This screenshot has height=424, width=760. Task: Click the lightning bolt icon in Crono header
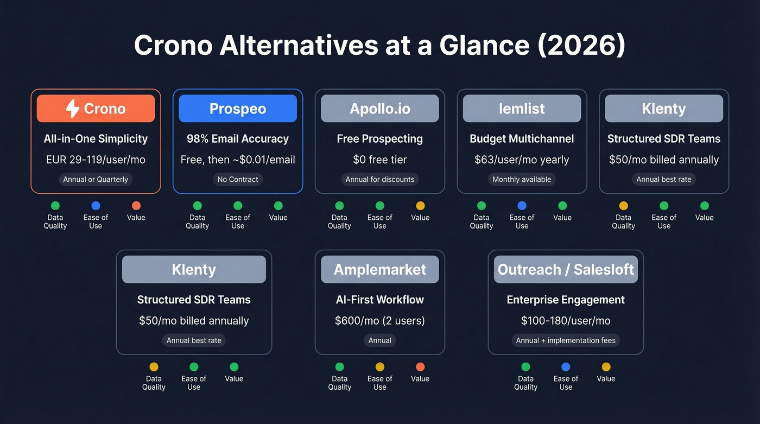pyautogui.click(x=72, y=109)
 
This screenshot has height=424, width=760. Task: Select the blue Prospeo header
pyautogui.click(x=238, y=109)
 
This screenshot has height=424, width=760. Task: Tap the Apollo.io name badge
pyautogui.click(x=380, y=109)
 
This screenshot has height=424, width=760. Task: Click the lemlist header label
pyautogui.click(x=522, y=109)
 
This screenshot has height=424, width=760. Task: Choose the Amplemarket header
pyautogui.click(x=380, y=269)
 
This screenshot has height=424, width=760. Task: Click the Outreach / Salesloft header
pyautogui.click(x=566, y=269)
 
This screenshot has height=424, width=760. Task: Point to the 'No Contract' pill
pyautogui.click(x=238, y=179)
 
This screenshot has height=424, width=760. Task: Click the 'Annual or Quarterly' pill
pyautogui.click(x=96, y=179)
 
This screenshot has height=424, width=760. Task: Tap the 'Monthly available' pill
pyautogui.click(x=522, y=179)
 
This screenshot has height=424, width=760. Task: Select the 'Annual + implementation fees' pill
pyautogui.click(x=566, y=340)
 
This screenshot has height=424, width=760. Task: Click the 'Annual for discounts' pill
pyautogui.click(x=380, y=179)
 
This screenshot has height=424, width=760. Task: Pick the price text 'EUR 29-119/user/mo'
pyautogui.click(x=96, y=160)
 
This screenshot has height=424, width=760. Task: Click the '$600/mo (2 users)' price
pyautogui.click(x=380, y=320)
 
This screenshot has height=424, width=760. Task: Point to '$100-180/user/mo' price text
pyautogui.click(x=566, y=320)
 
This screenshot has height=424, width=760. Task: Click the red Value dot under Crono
pyautogui.click(x=136, y=206)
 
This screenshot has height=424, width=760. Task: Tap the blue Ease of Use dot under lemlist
pyautogui.click(x=522, y=206)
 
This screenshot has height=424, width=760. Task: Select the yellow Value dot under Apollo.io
pyautogui.click(x=420, y=206)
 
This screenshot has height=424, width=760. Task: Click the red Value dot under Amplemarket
pyautogui.click(x=420, y=367)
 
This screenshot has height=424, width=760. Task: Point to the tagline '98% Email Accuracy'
pyautogui.click(x=238, y=138)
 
